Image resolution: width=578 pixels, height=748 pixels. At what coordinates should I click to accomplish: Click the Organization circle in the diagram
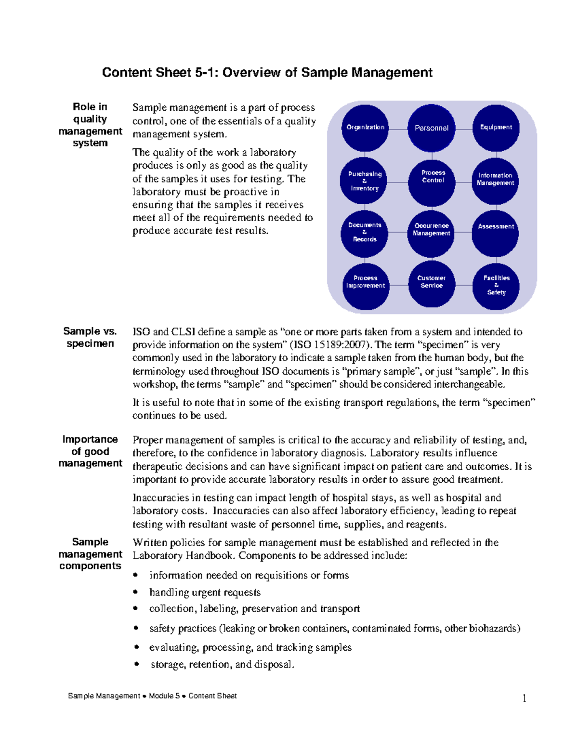pos(365,128)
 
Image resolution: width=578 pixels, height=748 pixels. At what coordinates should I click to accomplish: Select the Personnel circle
pos(431,128)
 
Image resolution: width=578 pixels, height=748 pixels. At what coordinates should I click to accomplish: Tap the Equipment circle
pos(496,128)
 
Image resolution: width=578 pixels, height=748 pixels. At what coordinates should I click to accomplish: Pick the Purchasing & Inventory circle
pos(365,181)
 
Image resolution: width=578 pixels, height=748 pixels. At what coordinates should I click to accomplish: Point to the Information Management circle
pos(495,181)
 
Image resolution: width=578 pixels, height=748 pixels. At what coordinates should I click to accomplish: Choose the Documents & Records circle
pos(365,233)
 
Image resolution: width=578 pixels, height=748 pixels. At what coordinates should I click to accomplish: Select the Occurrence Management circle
pos(431,233)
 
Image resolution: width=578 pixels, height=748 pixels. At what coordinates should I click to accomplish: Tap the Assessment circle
pos(496,233)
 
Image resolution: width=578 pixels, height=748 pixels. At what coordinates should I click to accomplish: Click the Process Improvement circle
pos(366,285)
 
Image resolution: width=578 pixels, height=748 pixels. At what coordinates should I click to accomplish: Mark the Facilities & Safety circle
pos(496,286)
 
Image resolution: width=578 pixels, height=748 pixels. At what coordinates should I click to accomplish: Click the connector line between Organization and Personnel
pos(398,129)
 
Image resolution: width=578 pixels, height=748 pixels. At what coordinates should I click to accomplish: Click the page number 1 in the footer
pos(525,698)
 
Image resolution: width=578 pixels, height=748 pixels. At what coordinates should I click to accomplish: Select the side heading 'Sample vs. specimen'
pos(90,337)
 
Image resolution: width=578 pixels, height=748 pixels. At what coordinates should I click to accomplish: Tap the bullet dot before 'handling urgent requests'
pos(136,592)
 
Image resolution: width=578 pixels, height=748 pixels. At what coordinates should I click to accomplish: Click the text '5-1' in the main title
pos(206,73)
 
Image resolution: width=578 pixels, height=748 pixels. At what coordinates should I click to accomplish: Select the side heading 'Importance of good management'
pos(90,451)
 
